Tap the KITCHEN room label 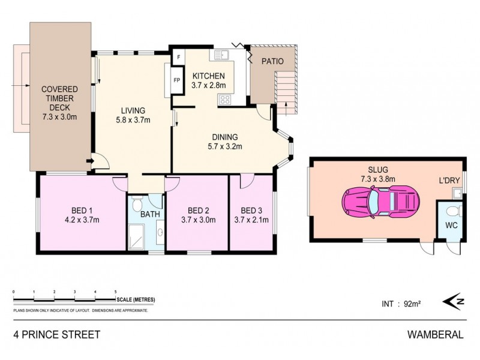point(208,76)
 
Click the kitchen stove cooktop point(226,100)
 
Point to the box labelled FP point(177,80)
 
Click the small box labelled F point(178,58)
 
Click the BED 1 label point(82,210)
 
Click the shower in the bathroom point(136,237)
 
